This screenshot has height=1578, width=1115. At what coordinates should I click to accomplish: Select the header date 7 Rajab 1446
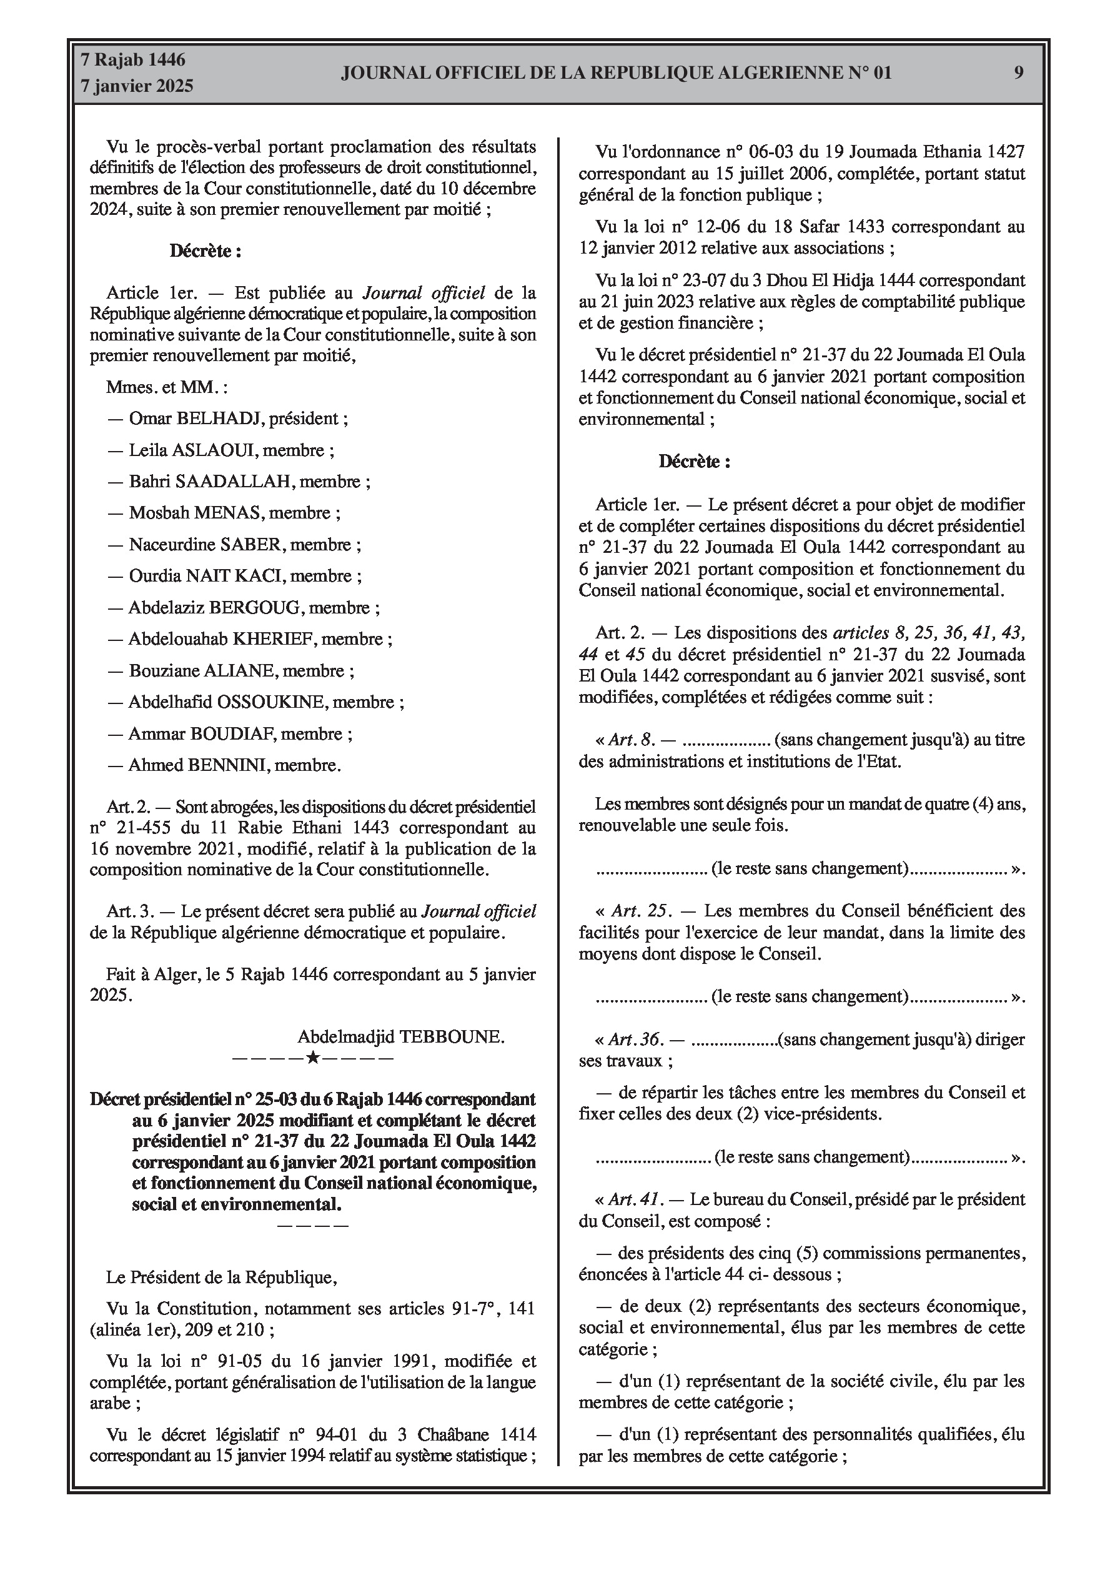[x=132, y=61]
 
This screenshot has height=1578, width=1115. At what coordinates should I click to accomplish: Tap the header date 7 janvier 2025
[x=137, y=87]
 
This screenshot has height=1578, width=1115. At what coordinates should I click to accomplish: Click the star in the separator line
[x=312, y=1058]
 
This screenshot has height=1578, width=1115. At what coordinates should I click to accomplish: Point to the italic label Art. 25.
[x=641, y=911]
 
